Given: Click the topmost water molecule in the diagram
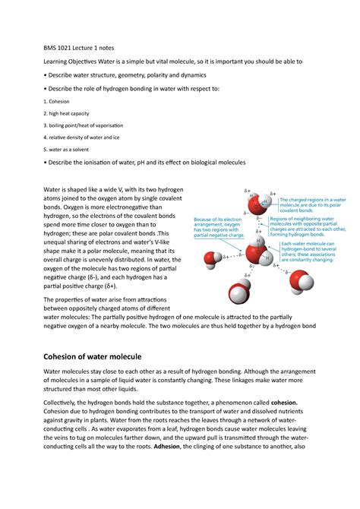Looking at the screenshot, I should (x=258, y=202).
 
